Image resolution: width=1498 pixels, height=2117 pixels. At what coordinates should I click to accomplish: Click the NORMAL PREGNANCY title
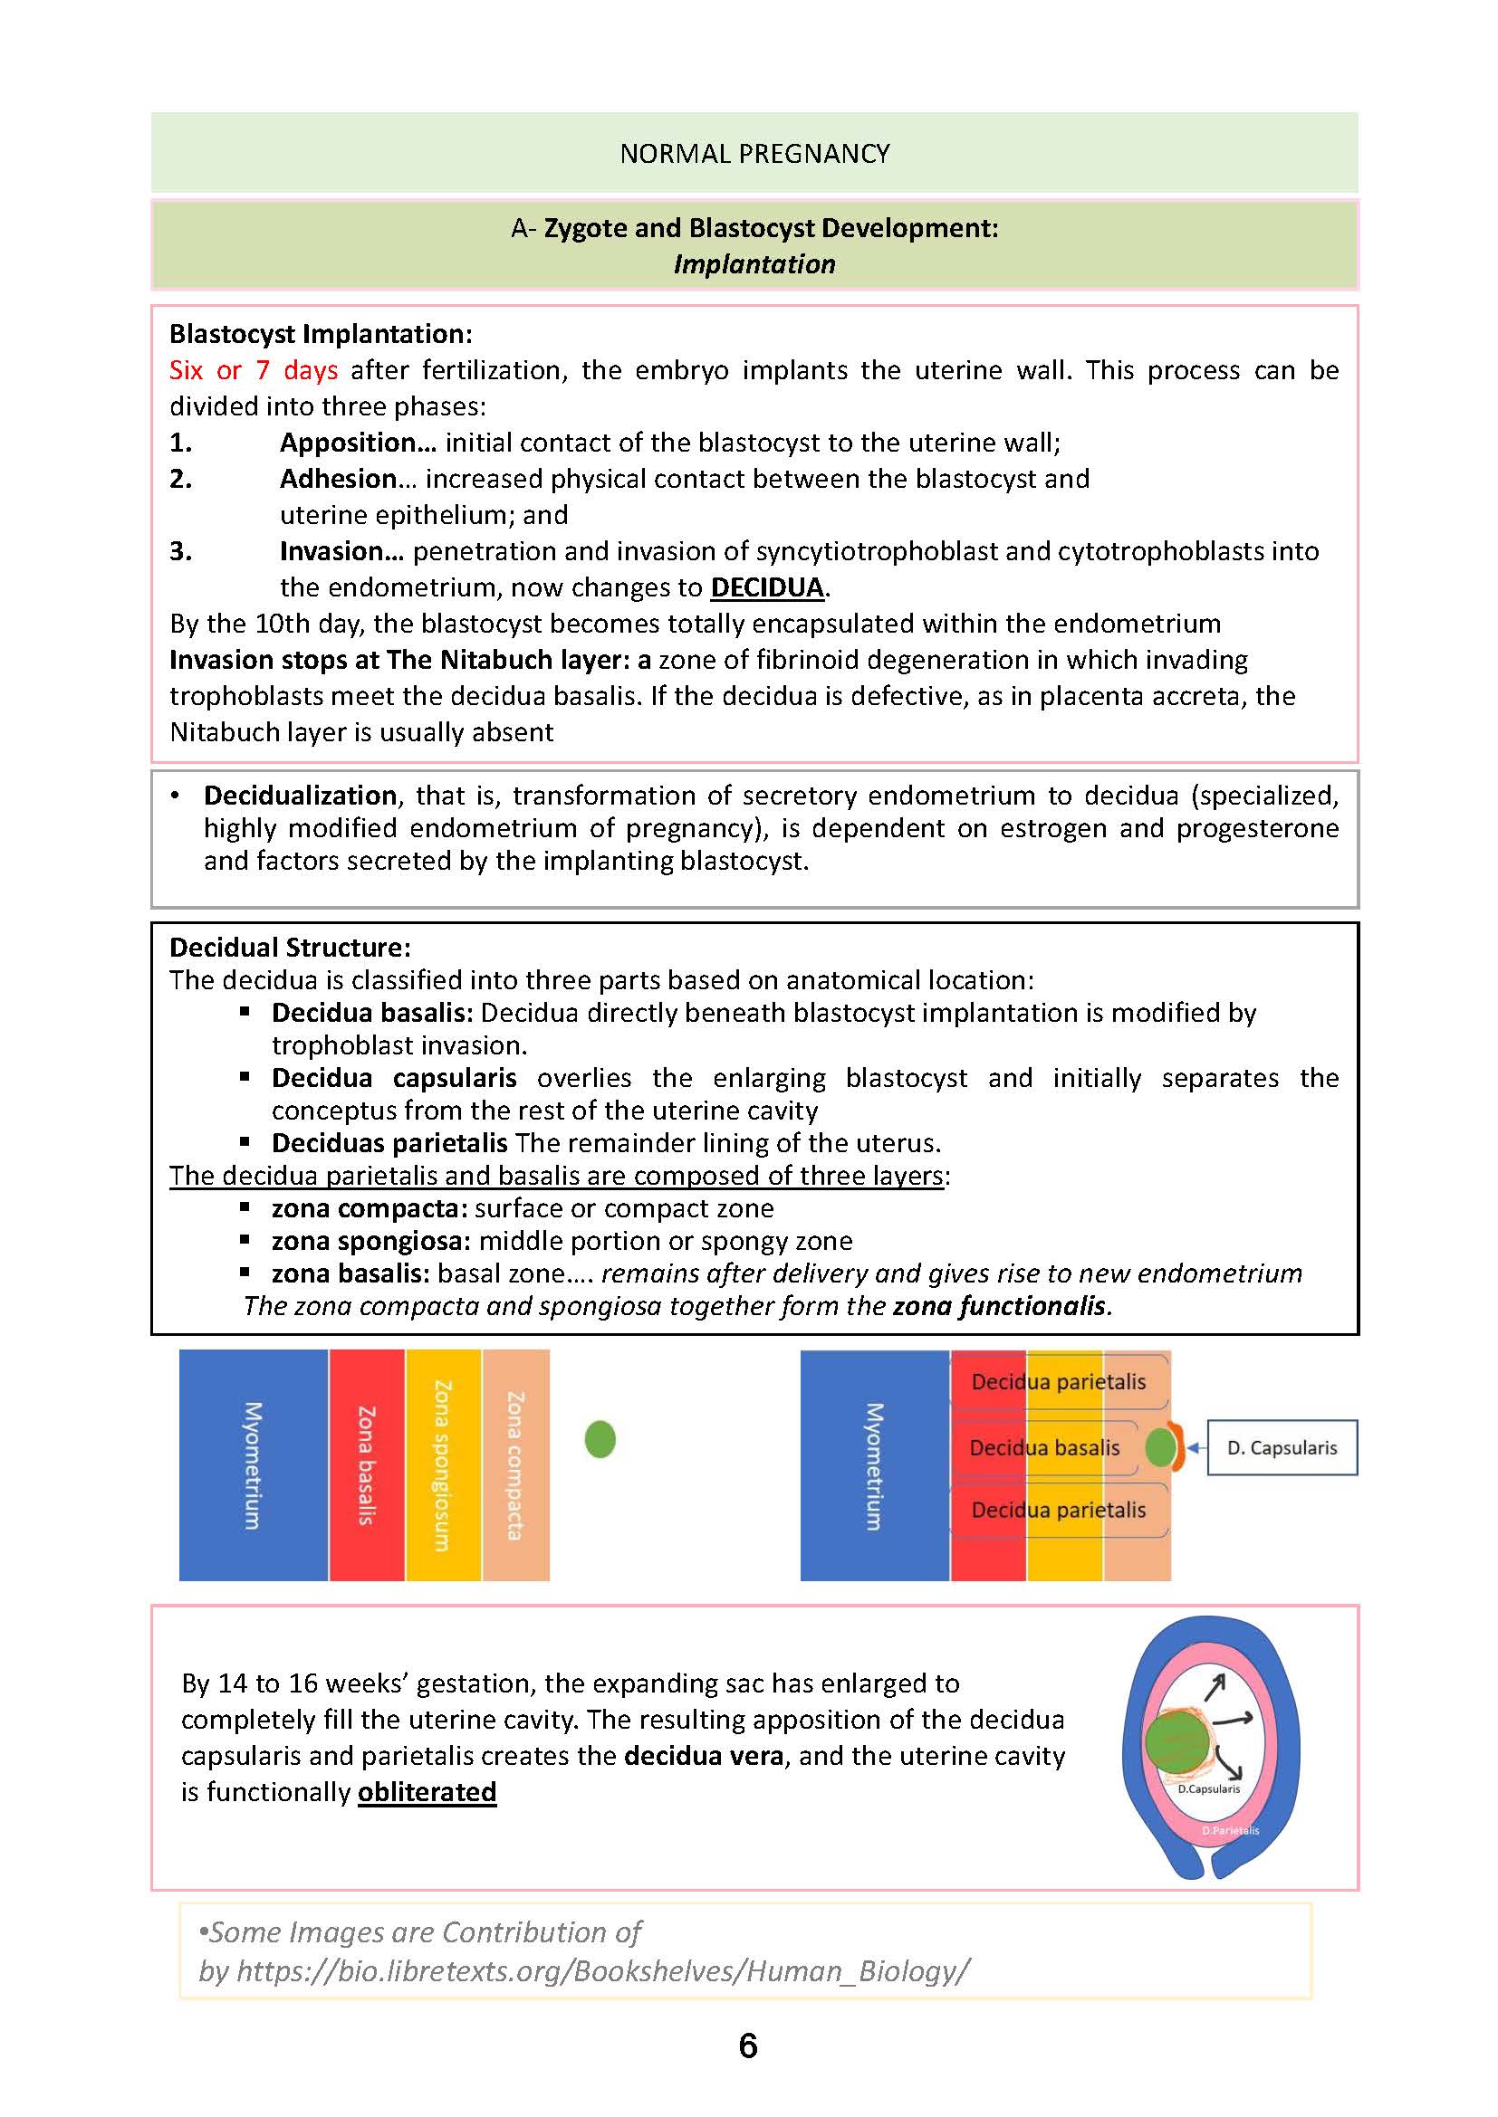point(754,153)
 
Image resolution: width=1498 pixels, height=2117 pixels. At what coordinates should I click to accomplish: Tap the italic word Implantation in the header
point(754,264)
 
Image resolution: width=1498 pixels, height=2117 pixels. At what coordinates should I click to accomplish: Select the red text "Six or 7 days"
point(253,371)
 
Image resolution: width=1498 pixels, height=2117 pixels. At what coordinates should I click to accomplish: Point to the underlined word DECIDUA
point(766,588)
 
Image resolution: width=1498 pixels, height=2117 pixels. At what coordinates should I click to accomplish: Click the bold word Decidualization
point(300,796)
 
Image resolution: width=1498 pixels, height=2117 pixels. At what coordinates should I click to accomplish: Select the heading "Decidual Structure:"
point(290,948)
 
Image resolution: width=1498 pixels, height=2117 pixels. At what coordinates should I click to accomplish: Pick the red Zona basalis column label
point(366,1465)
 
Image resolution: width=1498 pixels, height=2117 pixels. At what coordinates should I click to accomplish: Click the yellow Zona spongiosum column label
point(443,1465)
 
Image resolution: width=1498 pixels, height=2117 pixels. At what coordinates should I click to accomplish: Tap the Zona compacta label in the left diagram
point(514,1465)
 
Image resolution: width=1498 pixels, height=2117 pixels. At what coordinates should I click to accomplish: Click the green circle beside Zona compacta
point(600,1439)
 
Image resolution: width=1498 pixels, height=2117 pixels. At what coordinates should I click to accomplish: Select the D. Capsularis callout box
point(1282,1447)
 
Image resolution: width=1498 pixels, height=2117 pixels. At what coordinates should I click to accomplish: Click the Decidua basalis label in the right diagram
point(1043,1447)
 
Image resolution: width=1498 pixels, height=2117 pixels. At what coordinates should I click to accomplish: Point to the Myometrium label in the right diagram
point(873,1466)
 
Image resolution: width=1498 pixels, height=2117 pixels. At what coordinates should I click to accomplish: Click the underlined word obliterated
point(427,1791)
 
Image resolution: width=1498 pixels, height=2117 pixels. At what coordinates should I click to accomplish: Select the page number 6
point(748,2046)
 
